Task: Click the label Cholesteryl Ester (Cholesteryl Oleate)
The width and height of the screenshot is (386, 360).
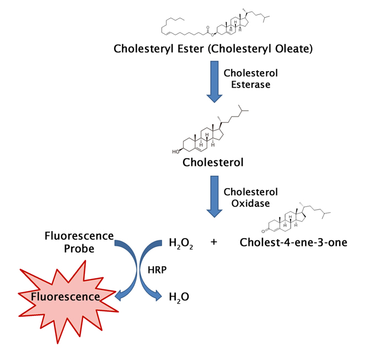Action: [213, 49]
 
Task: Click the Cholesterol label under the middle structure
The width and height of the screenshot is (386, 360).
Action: [213, 163]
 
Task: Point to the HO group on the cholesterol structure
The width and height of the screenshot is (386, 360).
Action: [174, 149]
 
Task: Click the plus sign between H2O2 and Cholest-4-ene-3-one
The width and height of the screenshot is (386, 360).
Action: [215, 242]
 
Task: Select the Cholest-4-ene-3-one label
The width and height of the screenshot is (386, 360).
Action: [293, 242]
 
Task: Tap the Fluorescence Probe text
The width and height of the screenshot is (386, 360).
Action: [78, 242]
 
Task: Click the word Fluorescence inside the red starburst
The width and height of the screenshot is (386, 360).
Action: [66, 297]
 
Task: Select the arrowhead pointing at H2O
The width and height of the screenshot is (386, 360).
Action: [159, 297]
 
